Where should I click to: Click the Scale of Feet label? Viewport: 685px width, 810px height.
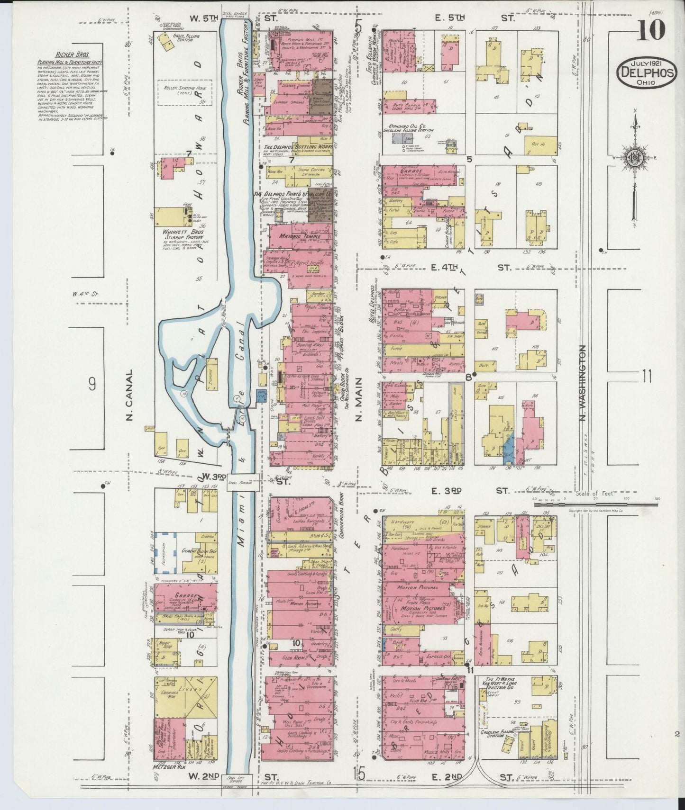[595, 493]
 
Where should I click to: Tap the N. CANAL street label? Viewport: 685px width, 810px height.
[128, 395]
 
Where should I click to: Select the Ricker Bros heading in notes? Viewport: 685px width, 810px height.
[64, 55]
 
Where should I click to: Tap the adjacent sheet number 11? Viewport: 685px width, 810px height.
[647, 378]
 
